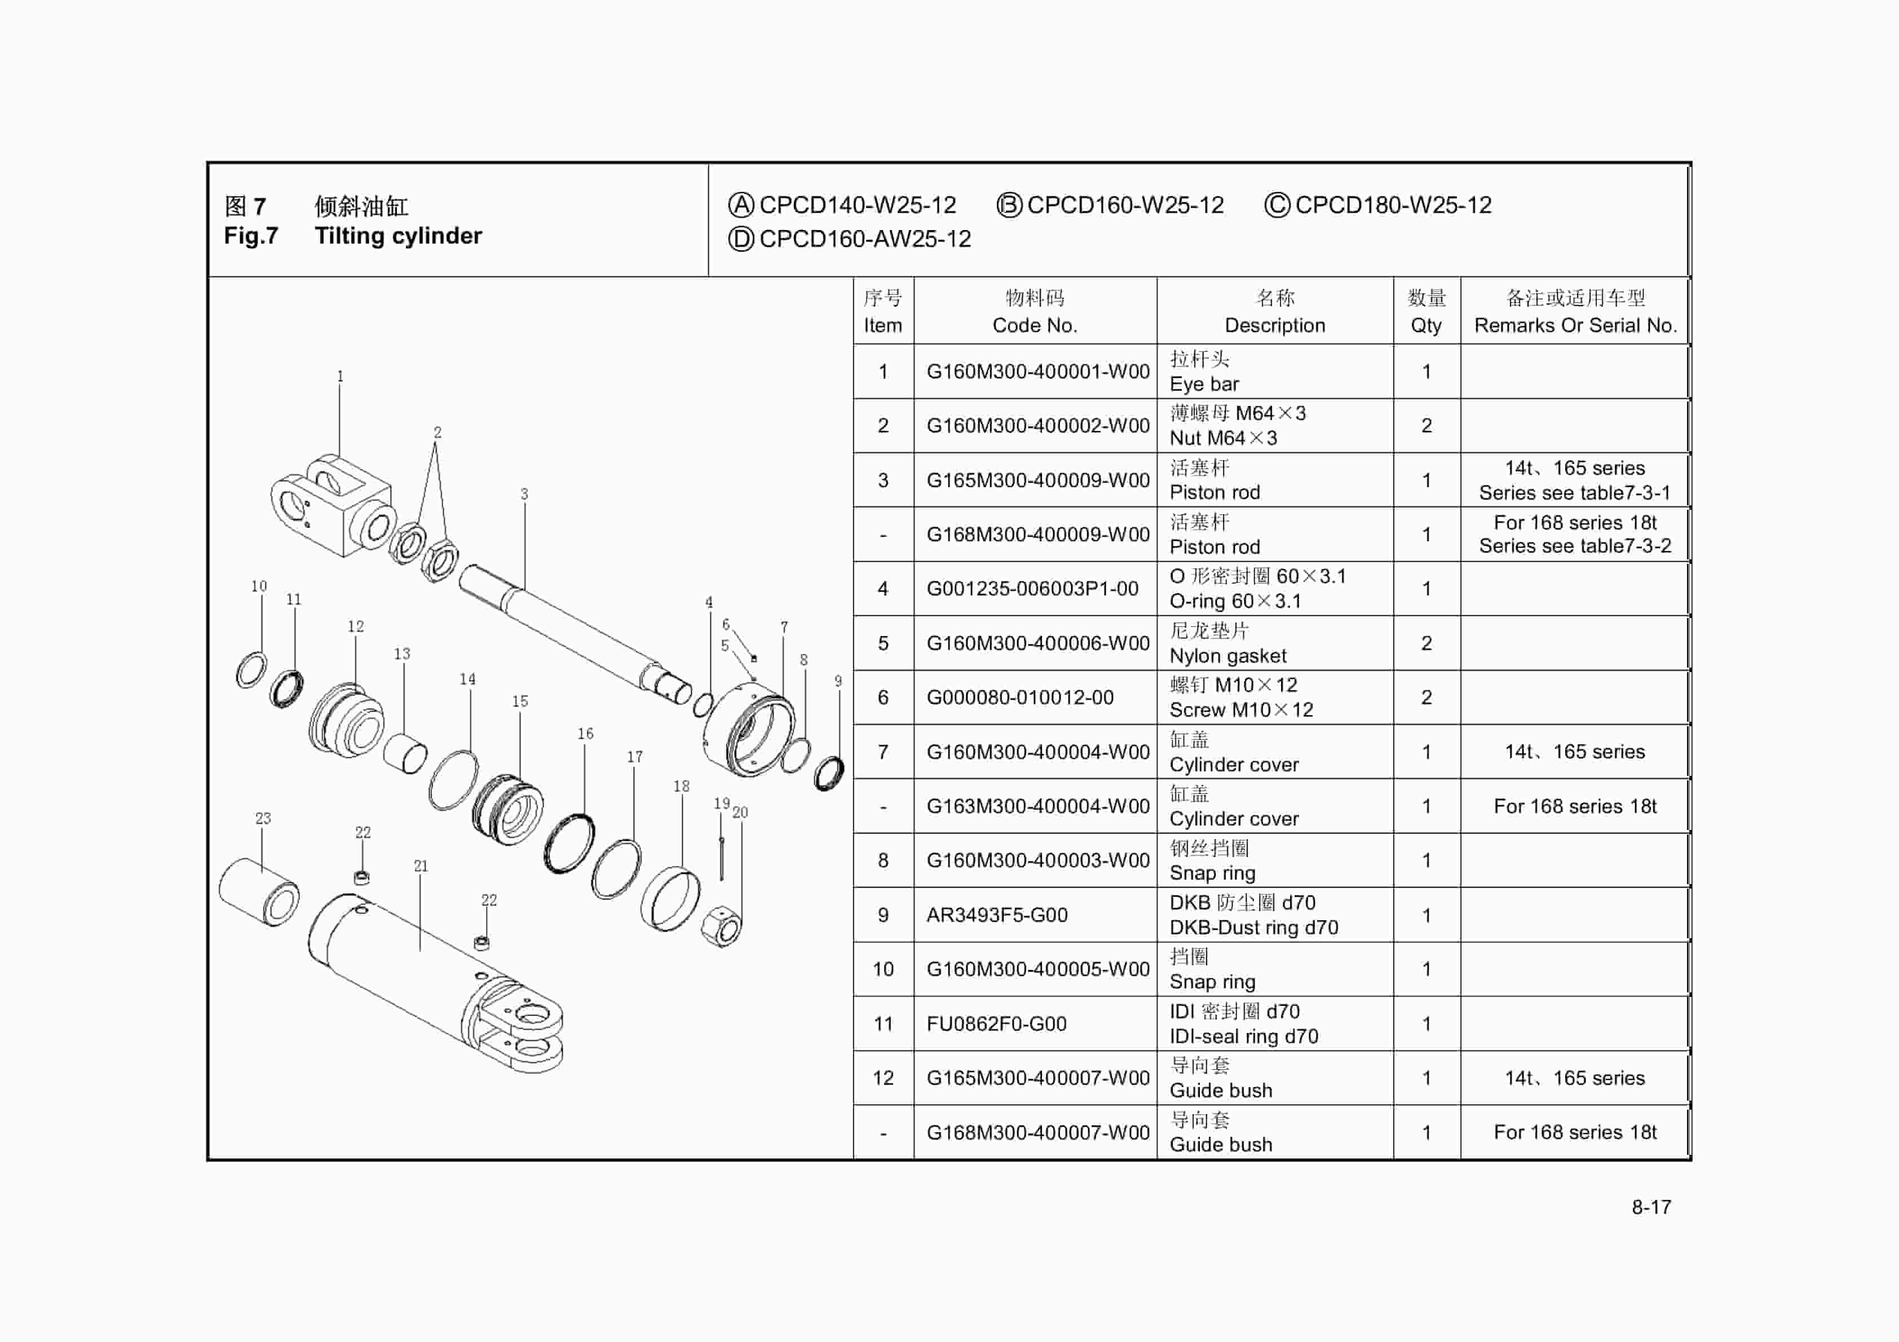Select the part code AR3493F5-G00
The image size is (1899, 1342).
[x=997, y=915]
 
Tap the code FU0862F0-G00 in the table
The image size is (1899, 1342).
[x=996, y=1025]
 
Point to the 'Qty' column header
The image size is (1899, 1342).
[x=1426, y=325]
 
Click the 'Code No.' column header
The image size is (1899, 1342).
[x=1035, y=325]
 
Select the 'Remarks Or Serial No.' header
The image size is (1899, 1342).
[x=1575, y=325]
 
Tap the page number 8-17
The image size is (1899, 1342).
[x=1651, y=1207]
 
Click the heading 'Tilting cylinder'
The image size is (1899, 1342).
[x=398, y=236]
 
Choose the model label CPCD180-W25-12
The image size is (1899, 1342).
[x=1393, y=205]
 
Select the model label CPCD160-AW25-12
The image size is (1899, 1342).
[x=864, y=239]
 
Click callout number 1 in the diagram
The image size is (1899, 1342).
[x=340, y=377]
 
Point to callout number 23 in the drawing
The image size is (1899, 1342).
[x=263, y=818]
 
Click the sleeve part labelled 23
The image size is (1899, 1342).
[x=259, y=892]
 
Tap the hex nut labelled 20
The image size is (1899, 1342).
[x=721, y=926]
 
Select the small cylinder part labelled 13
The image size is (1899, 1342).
[x=404, y=753]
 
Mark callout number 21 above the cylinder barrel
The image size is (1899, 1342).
[x=421, y=866]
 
